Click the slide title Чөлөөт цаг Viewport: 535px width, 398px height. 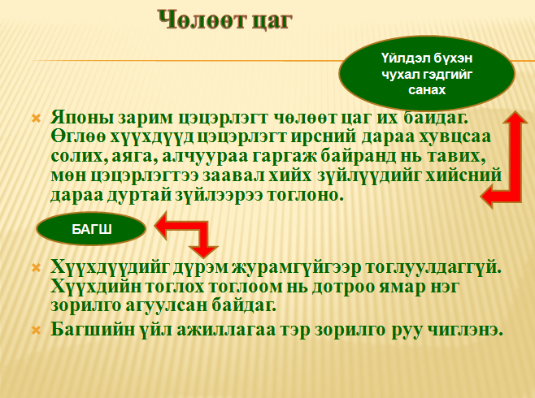point(225,20)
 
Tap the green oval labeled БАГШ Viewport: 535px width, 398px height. point(91,229)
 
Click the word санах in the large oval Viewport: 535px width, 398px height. point(427,90)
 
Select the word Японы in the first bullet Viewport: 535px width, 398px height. point(83,118)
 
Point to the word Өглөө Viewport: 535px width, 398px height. point(78,137)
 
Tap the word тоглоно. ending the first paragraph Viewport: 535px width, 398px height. point(305,195)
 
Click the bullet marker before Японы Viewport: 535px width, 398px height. point(36,119)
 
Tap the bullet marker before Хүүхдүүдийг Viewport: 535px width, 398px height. point(36,268)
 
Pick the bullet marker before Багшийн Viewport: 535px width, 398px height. point(36,330)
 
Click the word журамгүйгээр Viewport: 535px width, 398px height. point(296,268)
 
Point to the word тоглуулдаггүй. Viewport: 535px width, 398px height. point(433,268)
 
